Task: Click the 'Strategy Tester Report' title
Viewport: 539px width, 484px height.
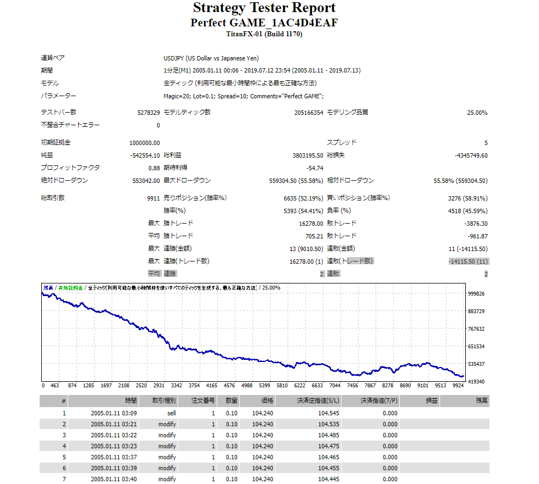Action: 264,8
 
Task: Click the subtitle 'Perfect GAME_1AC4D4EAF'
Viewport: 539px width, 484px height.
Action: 264,23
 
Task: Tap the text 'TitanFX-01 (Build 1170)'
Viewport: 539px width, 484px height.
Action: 264,34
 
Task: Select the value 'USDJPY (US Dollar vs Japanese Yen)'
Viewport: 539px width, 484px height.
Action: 211,58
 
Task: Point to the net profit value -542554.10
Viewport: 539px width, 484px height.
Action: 145,155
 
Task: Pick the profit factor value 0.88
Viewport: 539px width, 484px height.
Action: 154,168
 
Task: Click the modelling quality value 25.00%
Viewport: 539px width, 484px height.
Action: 477,113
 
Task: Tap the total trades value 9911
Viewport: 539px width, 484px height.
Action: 153,198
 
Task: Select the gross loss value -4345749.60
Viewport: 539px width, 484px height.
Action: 471,155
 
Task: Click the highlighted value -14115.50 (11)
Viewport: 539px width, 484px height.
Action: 468,262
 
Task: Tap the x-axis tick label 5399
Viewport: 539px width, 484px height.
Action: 265,386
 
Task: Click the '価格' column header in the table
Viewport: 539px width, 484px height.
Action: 264,402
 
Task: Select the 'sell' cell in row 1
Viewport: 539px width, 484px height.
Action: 171,413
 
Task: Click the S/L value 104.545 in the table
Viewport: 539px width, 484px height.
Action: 329,413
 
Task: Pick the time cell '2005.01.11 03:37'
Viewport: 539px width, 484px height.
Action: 114,457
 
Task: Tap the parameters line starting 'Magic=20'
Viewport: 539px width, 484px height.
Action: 244,96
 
